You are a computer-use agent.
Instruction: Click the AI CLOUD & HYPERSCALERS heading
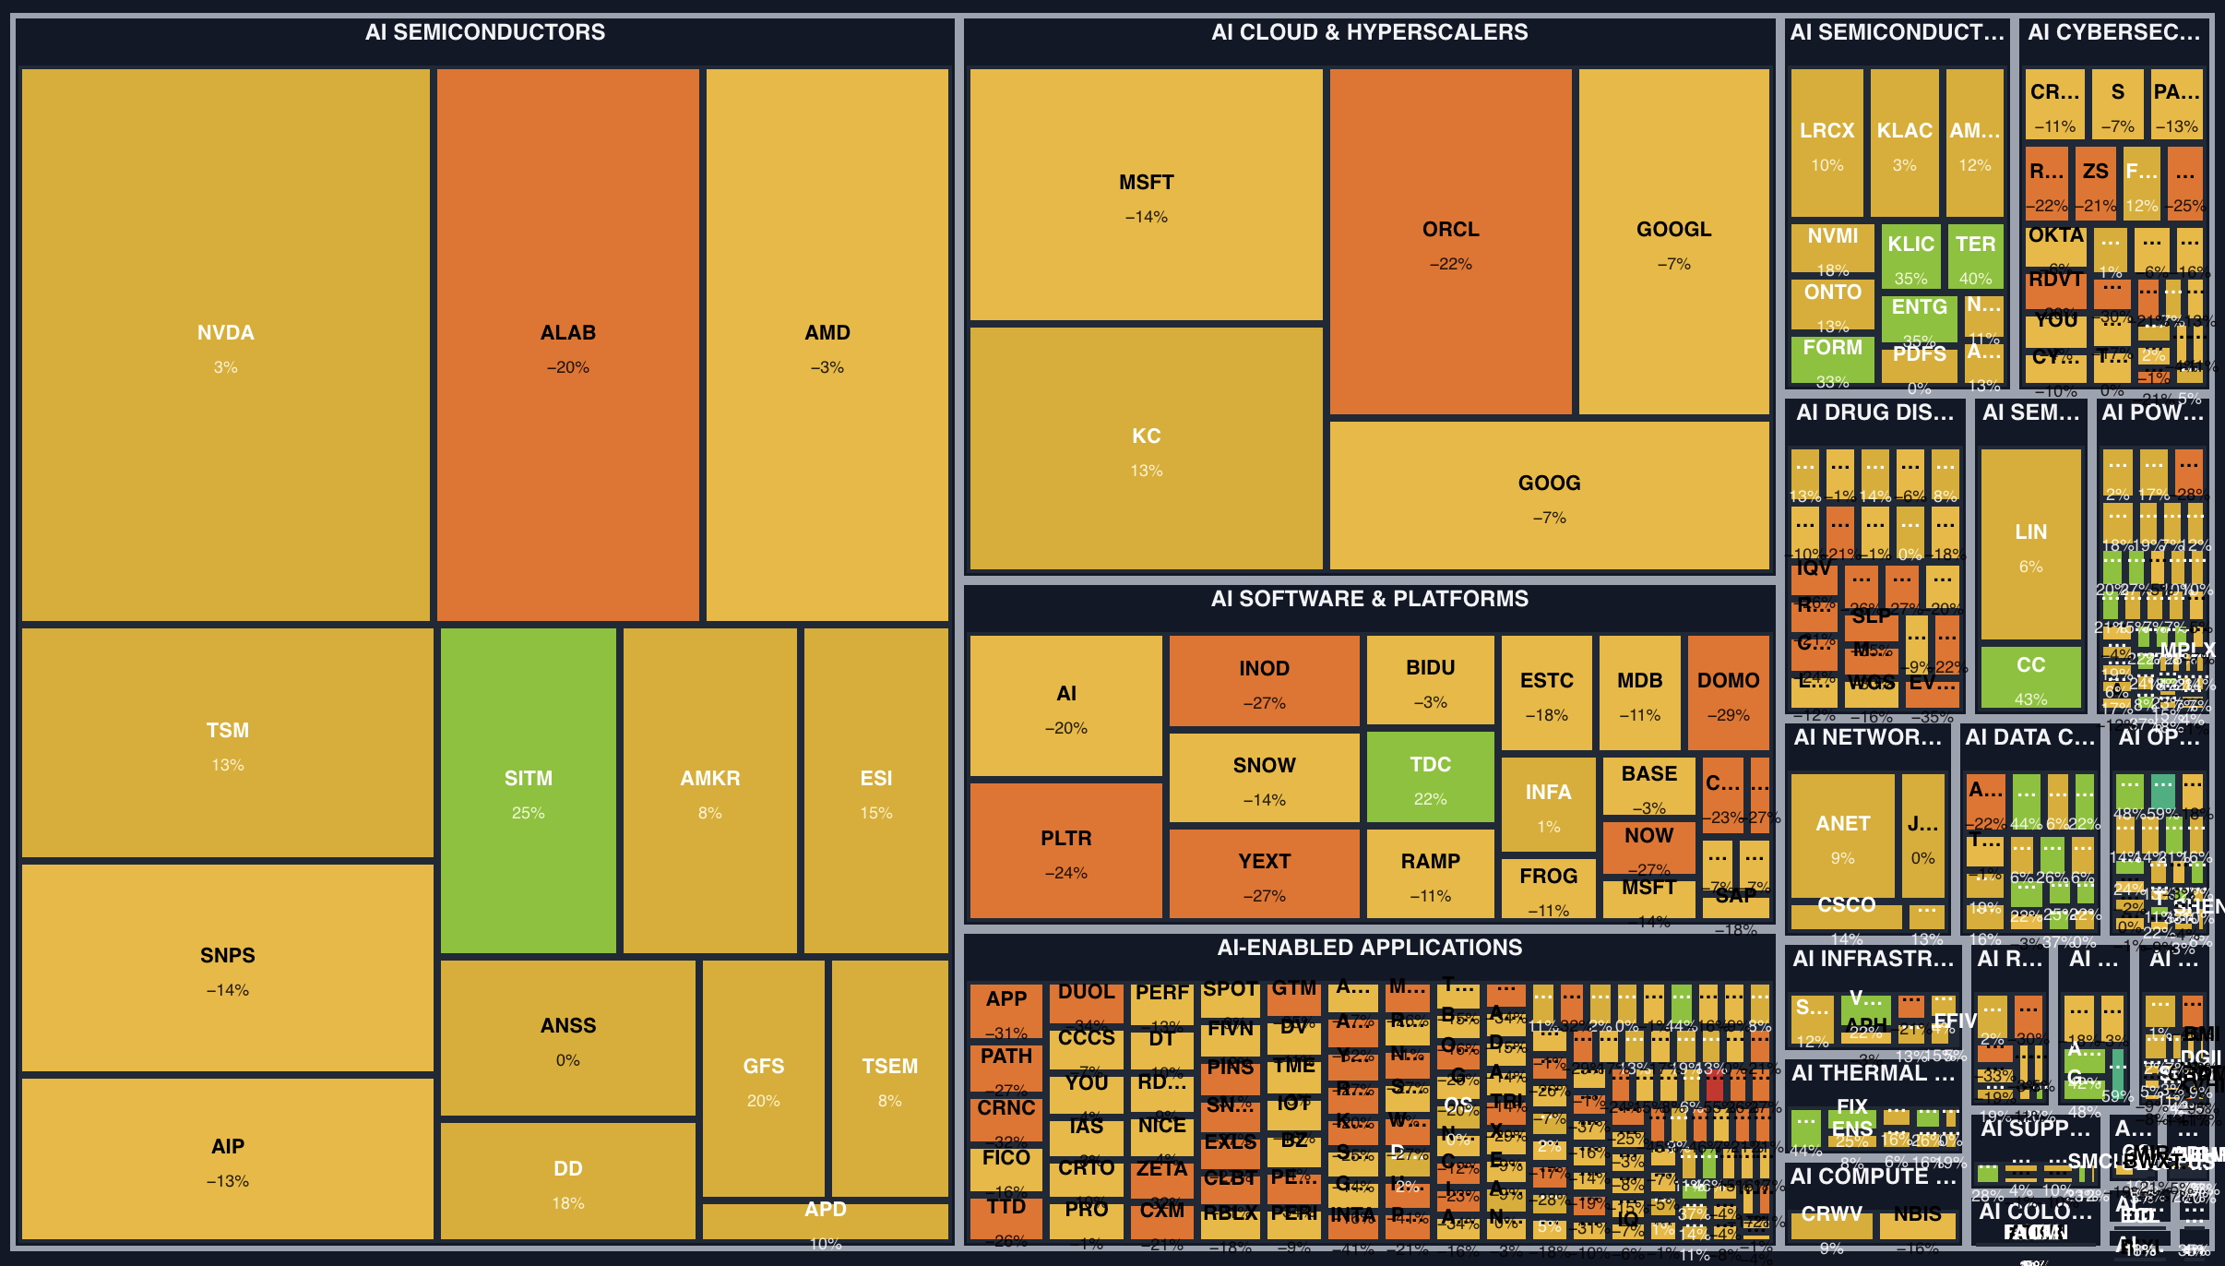click(x=1369, y=32)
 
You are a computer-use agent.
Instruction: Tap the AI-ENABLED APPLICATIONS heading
click(x=1369, y=948)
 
